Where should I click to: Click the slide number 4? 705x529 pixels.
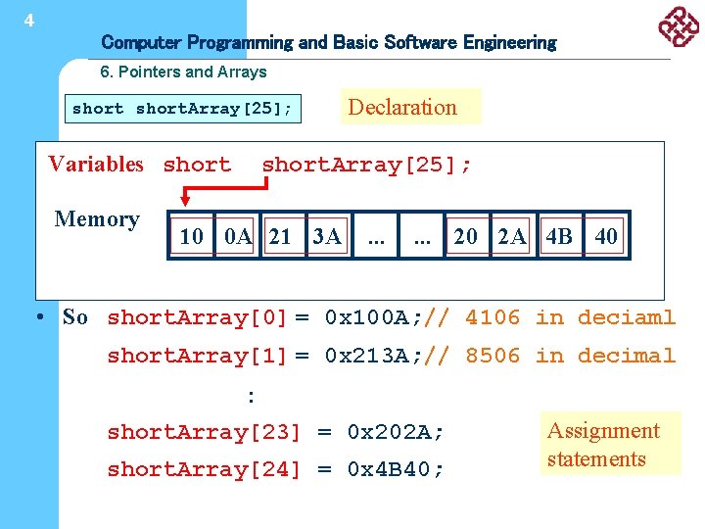click(29, 20)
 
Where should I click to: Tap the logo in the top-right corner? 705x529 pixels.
click(679, 26)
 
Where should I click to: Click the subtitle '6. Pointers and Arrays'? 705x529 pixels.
click(183, 72)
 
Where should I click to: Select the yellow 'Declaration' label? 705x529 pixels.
click(411, 107)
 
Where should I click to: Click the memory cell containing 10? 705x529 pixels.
click(192, 236)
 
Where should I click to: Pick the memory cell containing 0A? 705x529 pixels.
click(238, 236)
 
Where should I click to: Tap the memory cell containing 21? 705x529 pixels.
click(281, 236)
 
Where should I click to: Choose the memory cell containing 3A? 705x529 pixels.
click(326, 236)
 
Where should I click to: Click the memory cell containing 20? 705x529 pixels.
click(466, 236)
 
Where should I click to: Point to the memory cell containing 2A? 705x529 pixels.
click(512, 236)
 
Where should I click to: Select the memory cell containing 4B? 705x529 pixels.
click(559, 236)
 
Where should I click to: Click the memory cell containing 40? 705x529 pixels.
click(606, 236)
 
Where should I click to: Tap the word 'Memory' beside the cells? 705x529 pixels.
click(97, 219)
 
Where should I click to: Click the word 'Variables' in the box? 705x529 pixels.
click(96, 165)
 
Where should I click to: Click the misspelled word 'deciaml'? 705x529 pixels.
click(627, 317)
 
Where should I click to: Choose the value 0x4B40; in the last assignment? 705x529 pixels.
click(396, 469)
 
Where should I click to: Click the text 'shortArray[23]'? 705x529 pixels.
click(204, 432)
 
